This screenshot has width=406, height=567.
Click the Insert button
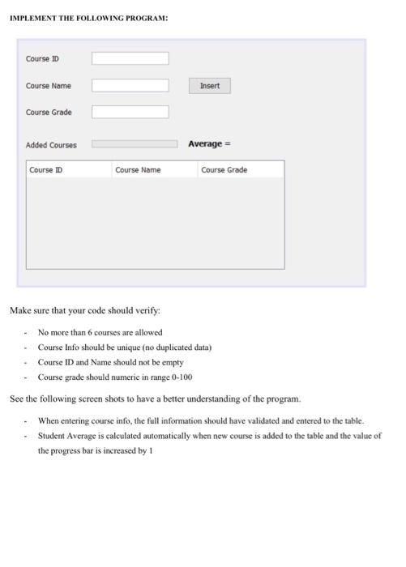[x=210, y=86]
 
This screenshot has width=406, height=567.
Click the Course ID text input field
[x=130, y=59]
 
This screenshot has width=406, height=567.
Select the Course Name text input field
[x=130, y=86]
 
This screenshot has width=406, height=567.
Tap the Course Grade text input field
[x=130, y=113]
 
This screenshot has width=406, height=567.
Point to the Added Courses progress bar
[x=135, y=144]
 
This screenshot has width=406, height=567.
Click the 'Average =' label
[x=209, y=144]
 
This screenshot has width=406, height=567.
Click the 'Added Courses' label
[x=51, y=145]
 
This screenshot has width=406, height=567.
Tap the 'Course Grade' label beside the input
[x=49, y=113]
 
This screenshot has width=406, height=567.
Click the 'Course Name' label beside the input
[x=49, y=86]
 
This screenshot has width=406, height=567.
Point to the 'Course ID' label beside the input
[x=42, y=59]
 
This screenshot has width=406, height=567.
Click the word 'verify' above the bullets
[x=146, y=310]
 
